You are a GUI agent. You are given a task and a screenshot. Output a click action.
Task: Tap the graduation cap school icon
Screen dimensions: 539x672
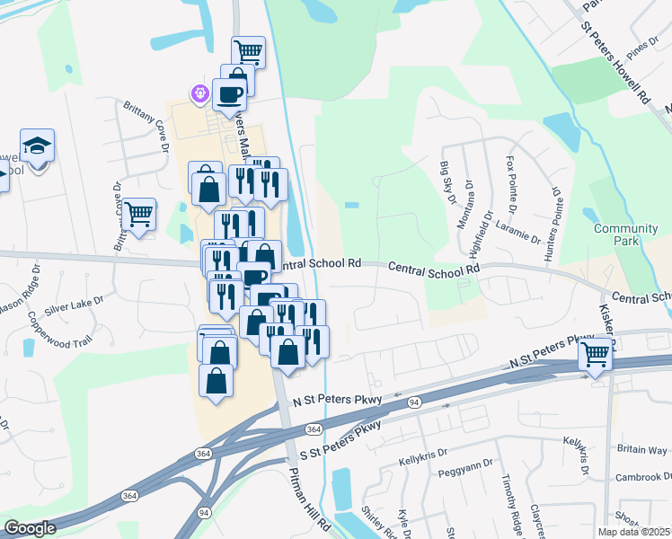click(37, 146)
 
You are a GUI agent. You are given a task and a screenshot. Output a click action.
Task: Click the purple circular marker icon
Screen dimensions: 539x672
click(199, 93)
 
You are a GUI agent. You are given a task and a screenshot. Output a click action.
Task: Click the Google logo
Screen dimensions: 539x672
click(30, 528)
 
